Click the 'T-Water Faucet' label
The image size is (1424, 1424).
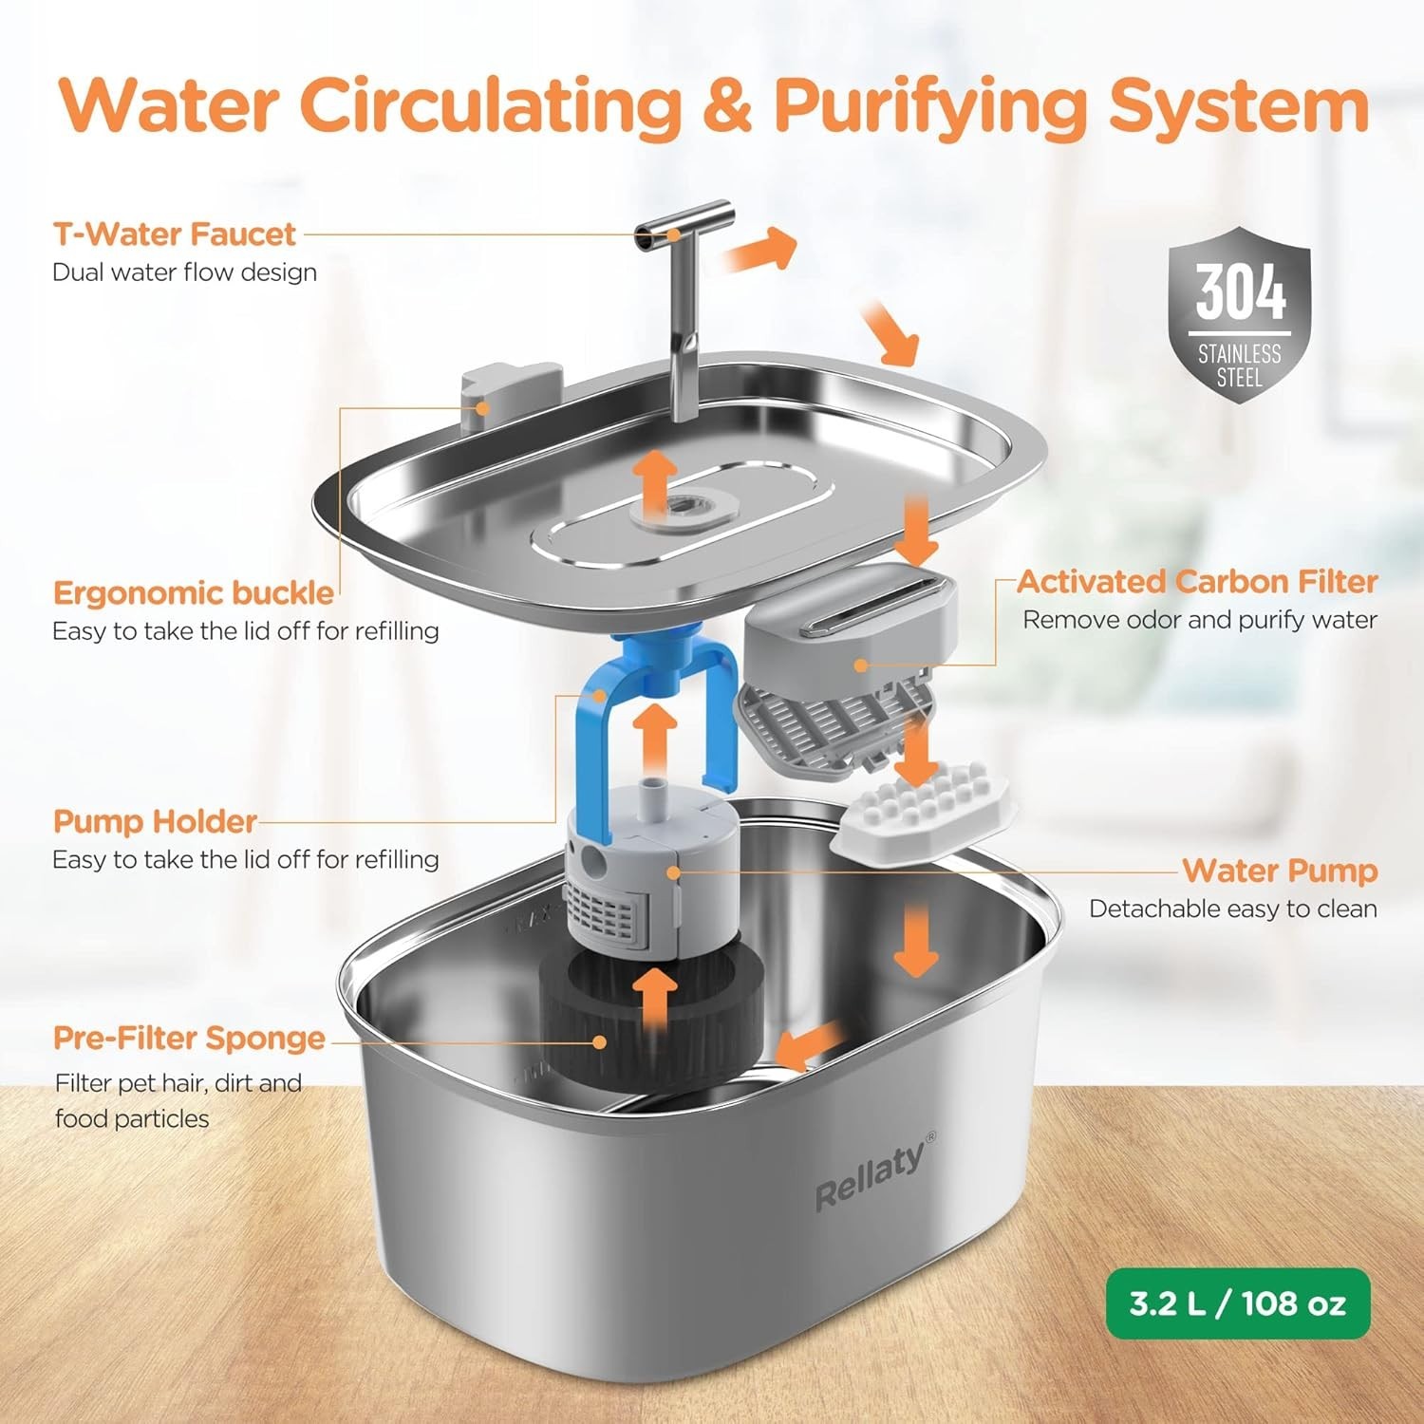(175, 234)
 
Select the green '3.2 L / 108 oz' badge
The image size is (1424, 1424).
(1237, 1303)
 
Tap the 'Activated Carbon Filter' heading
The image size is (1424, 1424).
(1197, 581)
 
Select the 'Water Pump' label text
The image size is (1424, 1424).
(1279, 870)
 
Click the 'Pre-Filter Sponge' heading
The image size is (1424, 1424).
(189, 1038)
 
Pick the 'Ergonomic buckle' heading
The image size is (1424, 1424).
(194, 592)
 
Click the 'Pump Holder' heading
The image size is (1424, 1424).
(155, 821)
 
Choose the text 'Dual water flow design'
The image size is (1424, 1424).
(184, 272)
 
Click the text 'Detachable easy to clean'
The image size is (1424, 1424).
(1232, 909)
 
